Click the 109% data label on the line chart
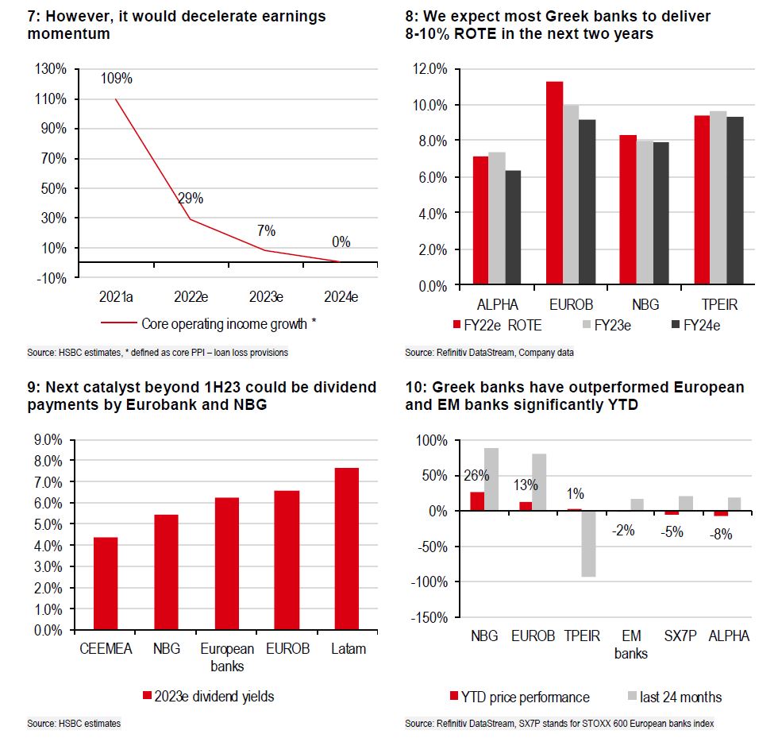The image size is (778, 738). pos(116,79)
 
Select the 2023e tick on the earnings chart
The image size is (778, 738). pos(266,296)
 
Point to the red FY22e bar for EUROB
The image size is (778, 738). pos(554,184)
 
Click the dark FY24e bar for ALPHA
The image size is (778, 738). pos(512,228)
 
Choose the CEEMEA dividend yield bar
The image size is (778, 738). pos(106,584)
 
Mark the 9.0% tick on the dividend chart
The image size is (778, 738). pos(45,439)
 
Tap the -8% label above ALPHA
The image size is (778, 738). pos(721,535)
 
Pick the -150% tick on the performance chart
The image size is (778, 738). pos(429,617)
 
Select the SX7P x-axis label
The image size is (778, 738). pos(679,637)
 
